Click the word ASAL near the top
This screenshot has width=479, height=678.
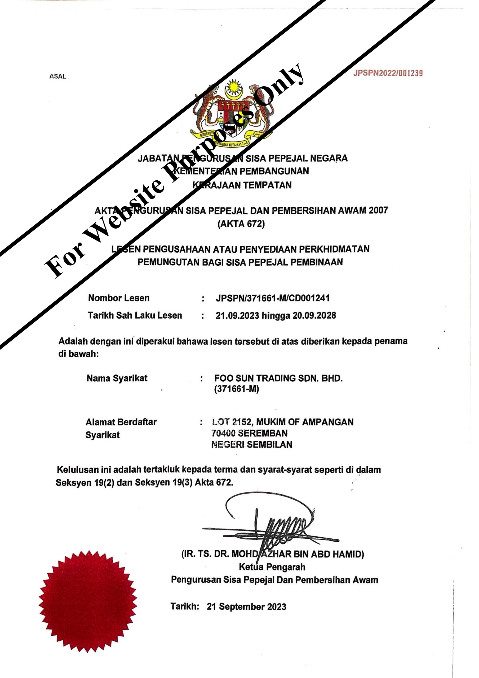tap(57, 76)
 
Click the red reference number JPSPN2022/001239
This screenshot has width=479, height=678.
tap(388, 73)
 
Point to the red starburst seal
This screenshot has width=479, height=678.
tap(88, 601)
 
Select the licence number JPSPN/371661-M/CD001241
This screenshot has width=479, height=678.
tap(273, 298)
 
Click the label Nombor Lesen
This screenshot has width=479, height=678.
tap(119, 298)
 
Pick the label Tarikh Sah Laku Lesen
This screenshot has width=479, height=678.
tap(135, 315)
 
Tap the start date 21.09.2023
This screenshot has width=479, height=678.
tap(237, 316)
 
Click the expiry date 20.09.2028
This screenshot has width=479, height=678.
tap(314, 316)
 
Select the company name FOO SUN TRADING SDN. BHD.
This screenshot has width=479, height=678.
tap(278, 378)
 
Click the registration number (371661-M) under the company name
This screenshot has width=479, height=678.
tap(237, 389)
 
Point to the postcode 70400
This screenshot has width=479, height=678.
tap(223, 433)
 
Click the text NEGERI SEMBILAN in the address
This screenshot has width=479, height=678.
tap(252, 444)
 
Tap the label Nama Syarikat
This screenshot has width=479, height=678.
tap(117, 378)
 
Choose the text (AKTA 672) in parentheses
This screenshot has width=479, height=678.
tap(241, 224)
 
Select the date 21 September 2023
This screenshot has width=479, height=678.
tap(246, 606)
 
